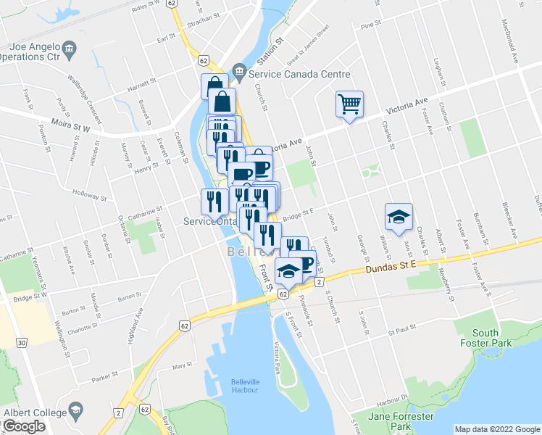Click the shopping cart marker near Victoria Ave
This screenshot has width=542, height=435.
(349, 104)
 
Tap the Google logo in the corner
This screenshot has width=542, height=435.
(24, 426)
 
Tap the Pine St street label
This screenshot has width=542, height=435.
(370, 25)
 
